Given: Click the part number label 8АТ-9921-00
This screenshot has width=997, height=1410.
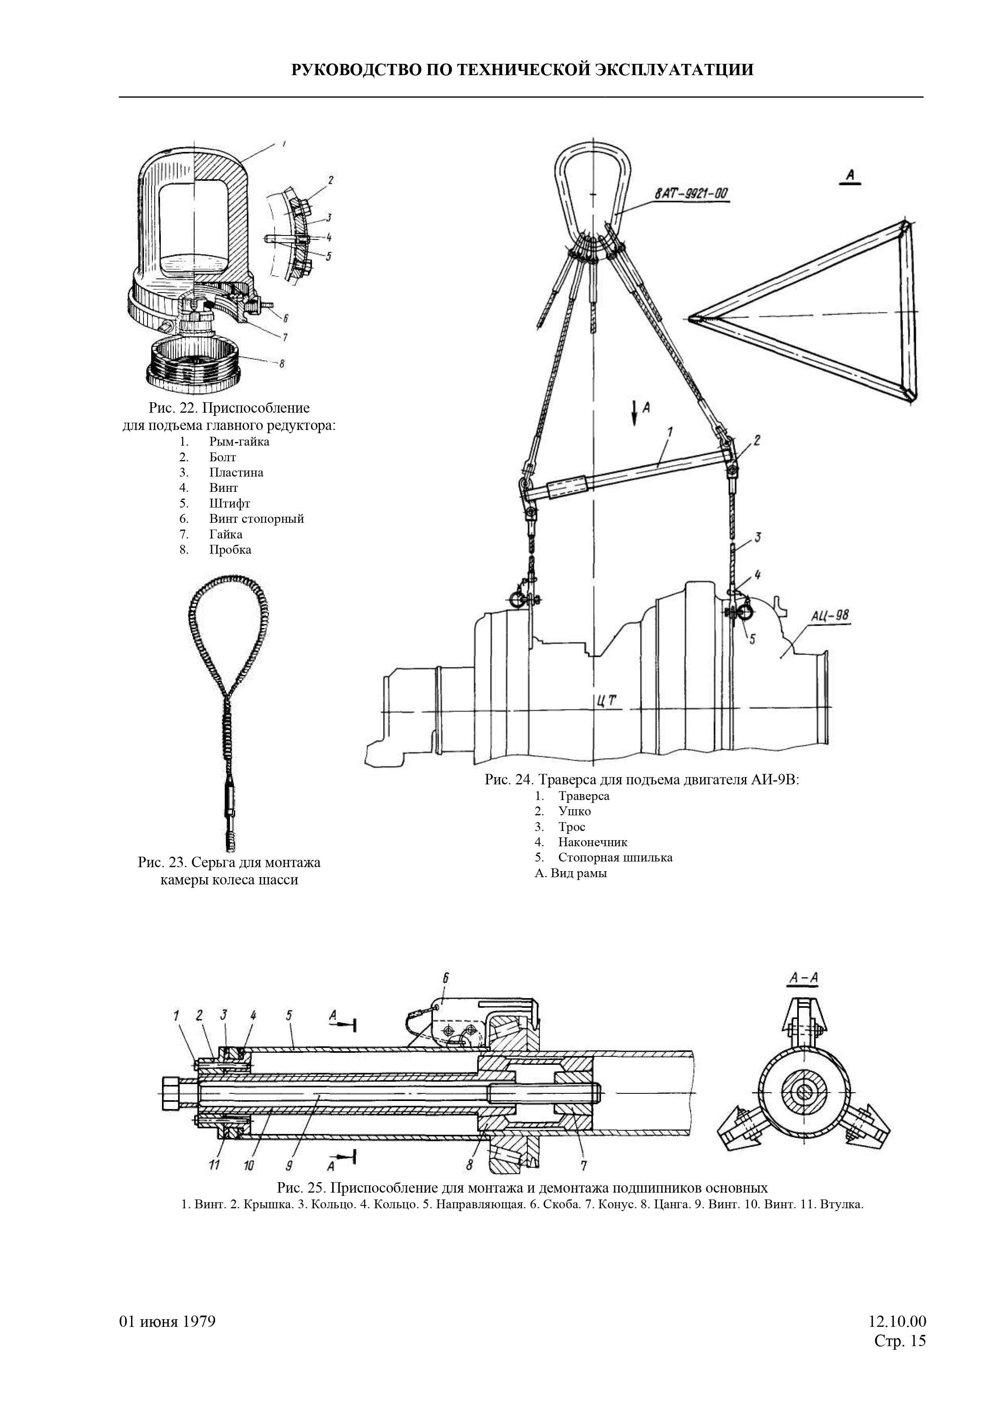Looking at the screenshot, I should click(x=691, y=194).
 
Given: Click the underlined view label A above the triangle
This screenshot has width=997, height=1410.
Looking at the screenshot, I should click(x=850, y=176).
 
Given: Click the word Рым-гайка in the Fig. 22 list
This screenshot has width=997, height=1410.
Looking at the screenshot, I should click(x=239, y=442).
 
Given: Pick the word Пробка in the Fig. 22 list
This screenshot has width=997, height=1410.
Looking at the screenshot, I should click(x=230, y=550).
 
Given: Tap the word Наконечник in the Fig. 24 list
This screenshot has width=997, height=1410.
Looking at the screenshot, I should click(x=593, y=842).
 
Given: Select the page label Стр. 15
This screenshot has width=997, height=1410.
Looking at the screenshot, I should click(x=899, y=1340).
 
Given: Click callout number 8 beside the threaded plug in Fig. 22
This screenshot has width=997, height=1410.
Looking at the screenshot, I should click(x=281, y=364).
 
